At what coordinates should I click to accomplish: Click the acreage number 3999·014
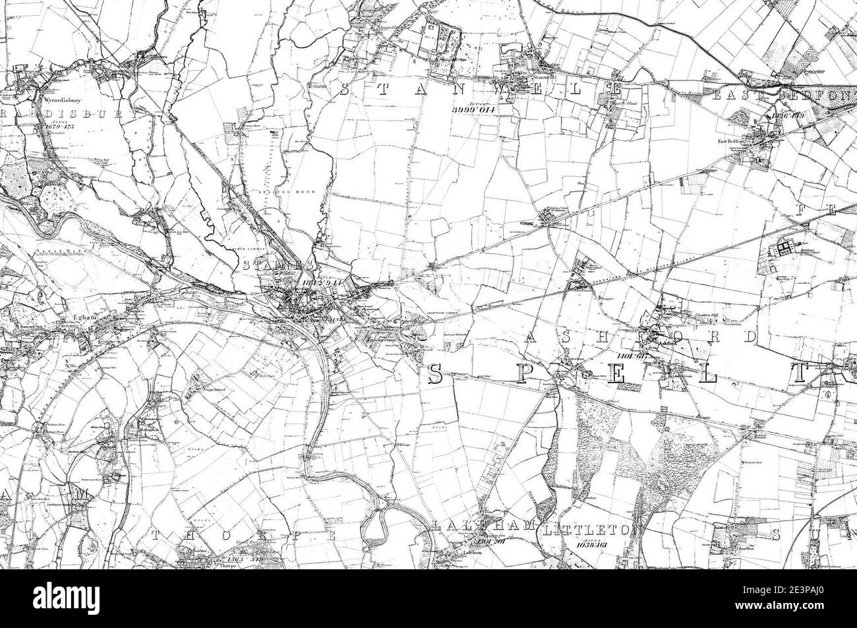(x=473, y=108)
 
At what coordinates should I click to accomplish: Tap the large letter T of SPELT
(x=800, y=373)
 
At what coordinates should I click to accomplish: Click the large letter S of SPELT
(x=435, y=374)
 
